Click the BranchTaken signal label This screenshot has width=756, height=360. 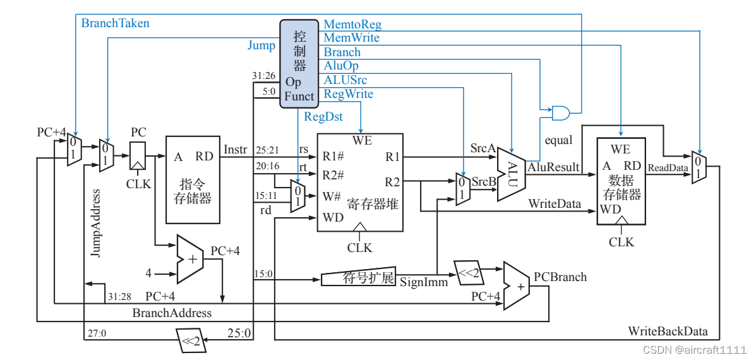point(116,23)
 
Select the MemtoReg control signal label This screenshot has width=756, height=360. point(352,25)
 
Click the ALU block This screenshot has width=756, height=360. point(512,174)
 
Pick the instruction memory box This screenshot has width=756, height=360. point(193,179)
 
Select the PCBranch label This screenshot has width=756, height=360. point(560,277)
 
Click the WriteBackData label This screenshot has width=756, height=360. point(668,332)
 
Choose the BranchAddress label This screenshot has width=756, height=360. point(172,313)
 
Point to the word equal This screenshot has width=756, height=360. point(558,140)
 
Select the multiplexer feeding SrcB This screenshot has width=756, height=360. point(463,189)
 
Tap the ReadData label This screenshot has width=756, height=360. point(668,168)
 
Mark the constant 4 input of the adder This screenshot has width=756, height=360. point(148,273)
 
